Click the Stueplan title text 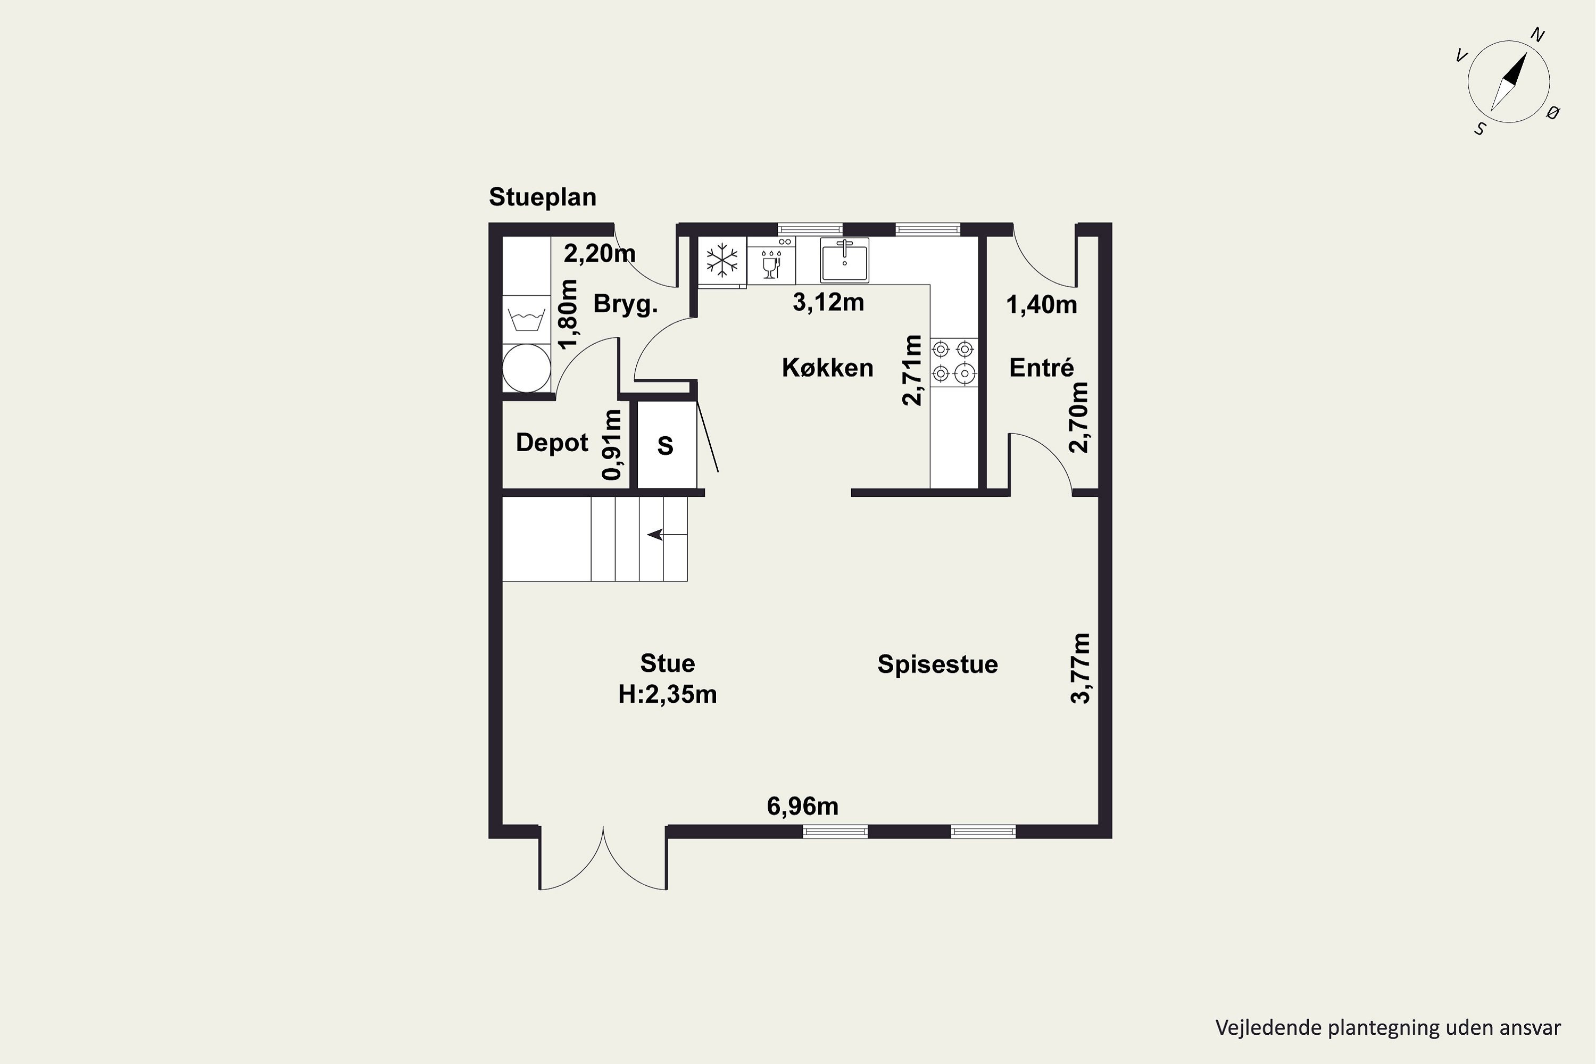[542, 197]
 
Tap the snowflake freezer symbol [722, 260]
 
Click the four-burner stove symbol [953, 362]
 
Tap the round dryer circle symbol [526, 368]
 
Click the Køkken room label [827, 368]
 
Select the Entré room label [1041, 368]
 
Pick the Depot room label [552, 443]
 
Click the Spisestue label [937, 664]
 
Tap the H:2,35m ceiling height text [667, 695]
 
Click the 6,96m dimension [802, 806]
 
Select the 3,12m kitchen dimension [828, 303]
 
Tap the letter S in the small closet [665, 446]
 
